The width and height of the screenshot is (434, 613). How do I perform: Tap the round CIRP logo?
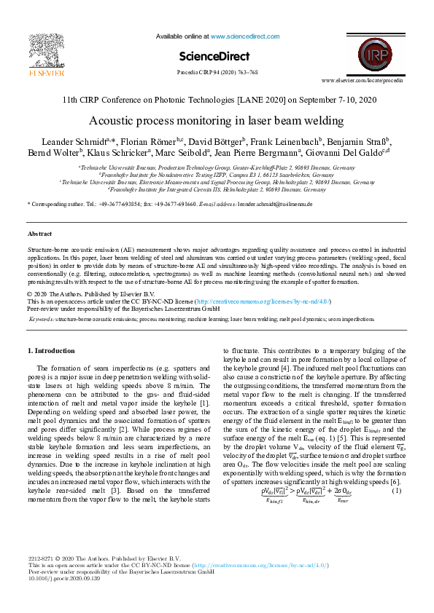373,54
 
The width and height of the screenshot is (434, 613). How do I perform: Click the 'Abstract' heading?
39,234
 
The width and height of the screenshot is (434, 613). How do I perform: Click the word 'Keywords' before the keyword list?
41,319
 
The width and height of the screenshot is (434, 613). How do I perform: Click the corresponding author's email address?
275,205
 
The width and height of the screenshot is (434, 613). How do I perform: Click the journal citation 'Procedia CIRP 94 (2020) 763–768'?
217,73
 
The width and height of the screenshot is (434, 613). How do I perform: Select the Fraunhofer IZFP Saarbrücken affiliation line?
217,175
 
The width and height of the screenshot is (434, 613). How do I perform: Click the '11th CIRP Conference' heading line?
217,100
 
